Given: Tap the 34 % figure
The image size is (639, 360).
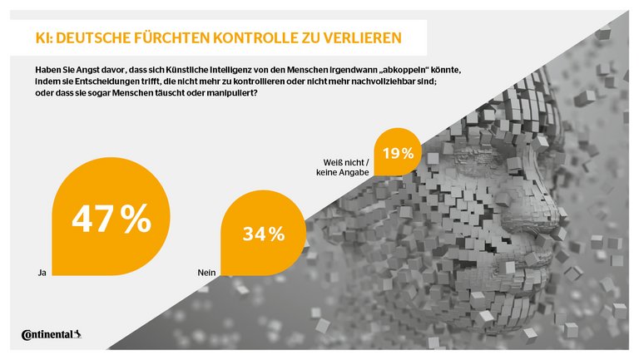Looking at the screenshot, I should pos(264,234).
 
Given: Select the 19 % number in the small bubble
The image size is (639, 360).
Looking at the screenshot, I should pos(398,153).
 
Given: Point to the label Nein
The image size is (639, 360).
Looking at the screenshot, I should pos(208,271).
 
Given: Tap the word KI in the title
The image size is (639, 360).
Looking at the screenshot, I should pos(42,37).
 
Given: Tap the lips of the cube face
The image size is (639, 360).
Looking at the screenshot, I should pos(532,249).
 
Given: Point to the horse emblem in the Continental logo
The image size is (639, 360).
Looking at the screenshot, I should pos(77,334).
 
